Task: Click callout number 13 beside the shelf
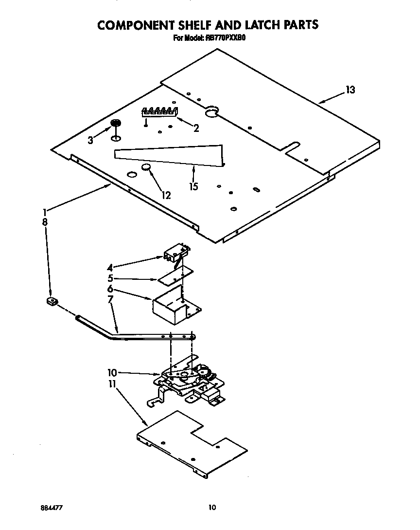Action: coord(350,90)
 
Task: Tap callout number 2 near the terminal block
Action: coord(196,128)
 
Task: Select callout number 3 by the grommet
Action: coord(90,141)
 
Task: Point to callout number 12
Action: coord(166,195)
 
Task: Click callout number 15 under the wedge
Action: coord(194,186)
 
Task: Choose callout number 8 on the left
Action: coord(45,221)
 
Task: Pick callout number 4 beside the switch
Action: coord(110,267)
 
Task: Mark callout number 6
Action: coord(110,289)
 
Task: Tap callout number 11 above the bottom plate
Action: coord(112,384)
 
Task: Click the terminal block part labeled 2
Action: coord(159,112)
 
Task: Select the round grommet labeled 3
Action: coord(116,123)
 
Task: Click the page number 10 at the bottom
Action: coord(211,508)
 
